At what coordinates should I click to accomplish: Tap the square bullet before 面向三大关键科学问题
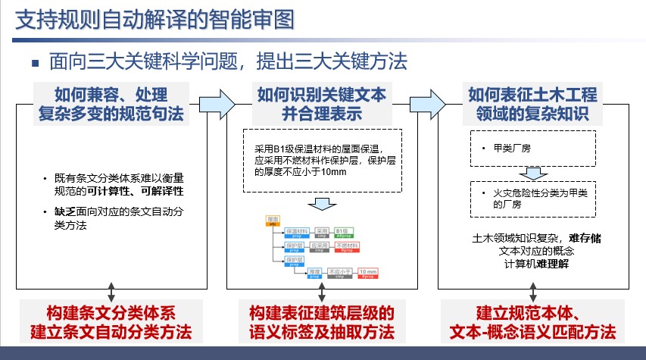click(x=36, y=61)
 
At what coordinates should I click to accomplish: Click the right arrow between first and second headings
click(x=217, y=102)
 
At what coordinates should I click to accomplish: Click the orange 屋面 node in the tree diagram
click(x=273, y=220)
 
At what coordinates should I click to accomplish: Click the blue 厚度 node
click(x=311, y=273)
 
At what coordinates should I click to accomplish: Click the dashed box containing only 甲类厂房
click(x=532, y=148)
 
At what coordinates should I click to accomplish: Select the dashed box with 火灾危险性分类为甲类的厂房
click(x=532, y=199)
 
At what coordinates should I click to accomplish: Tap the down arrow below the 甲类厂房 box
click(x=532, y=173)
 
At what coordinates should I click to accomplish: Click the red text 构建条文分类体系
click(x=111, y=313)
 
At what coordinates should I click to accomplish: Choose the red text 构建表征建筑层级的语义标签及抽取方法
click(x=321, y=322)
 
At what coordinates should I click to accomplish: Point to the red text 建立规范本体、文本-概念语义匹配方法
click(x=532, y=322)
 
